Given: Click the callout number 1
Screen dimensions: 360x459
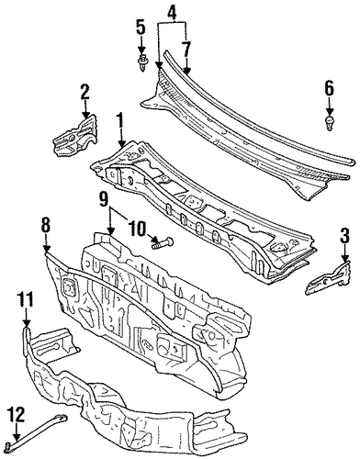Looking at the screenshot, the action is click(120, 121).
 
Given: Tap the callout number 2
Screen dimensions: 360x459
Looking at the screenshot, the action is click(84, 92).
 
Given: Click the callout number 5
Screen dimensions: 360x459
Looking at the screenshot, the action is click(141, 27).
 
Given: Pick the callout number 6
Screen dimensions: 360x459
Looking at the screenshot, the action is click(329, 88).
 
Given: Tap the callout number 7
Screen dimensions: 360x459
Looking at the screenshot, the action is click(186, 50).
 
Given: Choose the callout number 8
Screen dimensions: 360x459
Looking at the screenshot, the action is click(46, 226).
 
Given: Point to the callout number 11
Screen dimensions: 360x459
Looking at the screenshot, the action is click(27, 299).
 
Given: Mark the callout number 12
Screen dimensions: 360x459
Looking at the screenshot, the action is click(16, 416).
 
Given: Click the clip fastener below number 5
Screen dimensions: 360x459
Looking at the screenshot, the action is click(141, 62).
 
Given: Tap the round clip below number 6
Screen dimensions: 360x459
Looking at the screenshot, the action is click(329, 123).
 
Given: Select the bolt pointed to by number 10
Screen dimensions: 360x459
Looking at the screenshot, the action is click(163, 243).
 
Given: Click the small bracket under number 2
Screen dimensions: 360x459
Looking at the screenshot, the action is click(76, 134).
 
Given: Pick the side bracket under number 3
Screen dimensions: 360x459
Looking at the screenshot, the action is click(328, 277).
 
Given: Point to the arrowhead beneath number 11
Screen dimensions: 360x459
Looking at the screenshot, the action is click(27, 323).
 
